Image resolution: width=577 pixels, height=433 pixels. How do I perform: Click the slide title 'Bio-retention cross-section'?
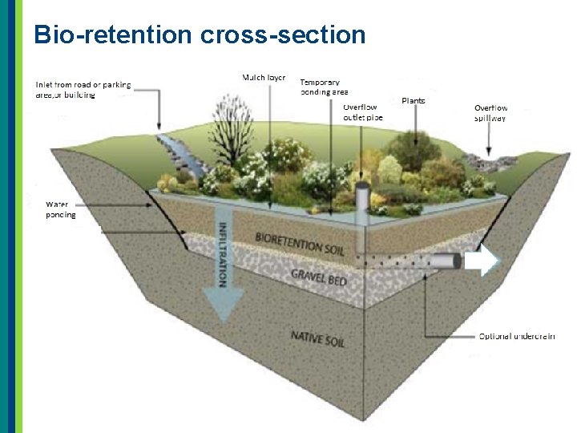point(200,34)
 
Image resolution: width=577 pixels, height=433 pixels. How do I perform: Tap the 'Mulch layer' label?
point(264,77)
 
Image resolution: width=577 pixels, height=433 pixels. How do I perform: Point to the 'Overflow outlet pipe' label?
point(363,111)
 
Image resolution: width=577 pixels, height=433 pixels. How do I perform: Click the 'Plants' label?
point(414,101)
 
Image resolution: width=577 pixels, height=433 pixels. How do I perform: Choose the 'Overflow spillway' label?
point(490,113)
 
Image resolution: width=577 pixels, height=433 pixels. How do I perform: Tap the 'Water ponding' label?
point(61,209)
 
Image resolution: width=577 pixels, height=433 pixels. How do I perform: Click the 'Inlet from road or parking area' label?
point(83,89)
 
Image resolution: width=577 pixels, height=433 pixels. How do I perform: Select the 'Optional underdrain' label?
point(517,336)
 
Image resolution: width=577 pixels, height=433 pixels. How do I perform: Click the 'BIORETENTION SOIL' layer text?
point(299,243)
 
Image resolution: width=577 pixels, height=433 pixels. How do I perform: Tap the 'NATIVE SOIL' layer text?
point(318,338)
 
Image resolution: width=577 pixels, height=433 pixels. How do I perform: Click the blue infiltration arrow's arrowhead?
point(222,309)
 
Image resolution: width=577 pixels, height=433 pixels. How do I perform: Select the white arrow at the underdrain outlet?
point(481,261)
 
